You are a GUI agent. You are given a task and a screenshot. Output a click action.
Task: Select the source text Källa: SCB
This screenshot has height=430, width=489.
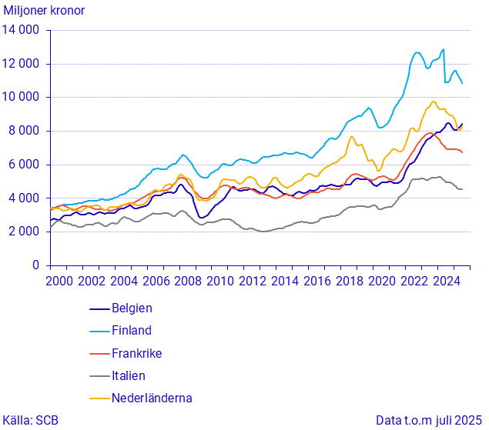30,420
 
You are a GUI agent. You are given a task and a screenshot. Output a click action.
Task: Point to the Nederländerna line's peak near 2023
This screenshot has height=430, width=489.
434,102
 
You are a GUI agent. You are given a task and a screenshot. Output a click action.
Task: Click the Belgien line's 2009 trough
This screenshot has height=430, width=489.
202,218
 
